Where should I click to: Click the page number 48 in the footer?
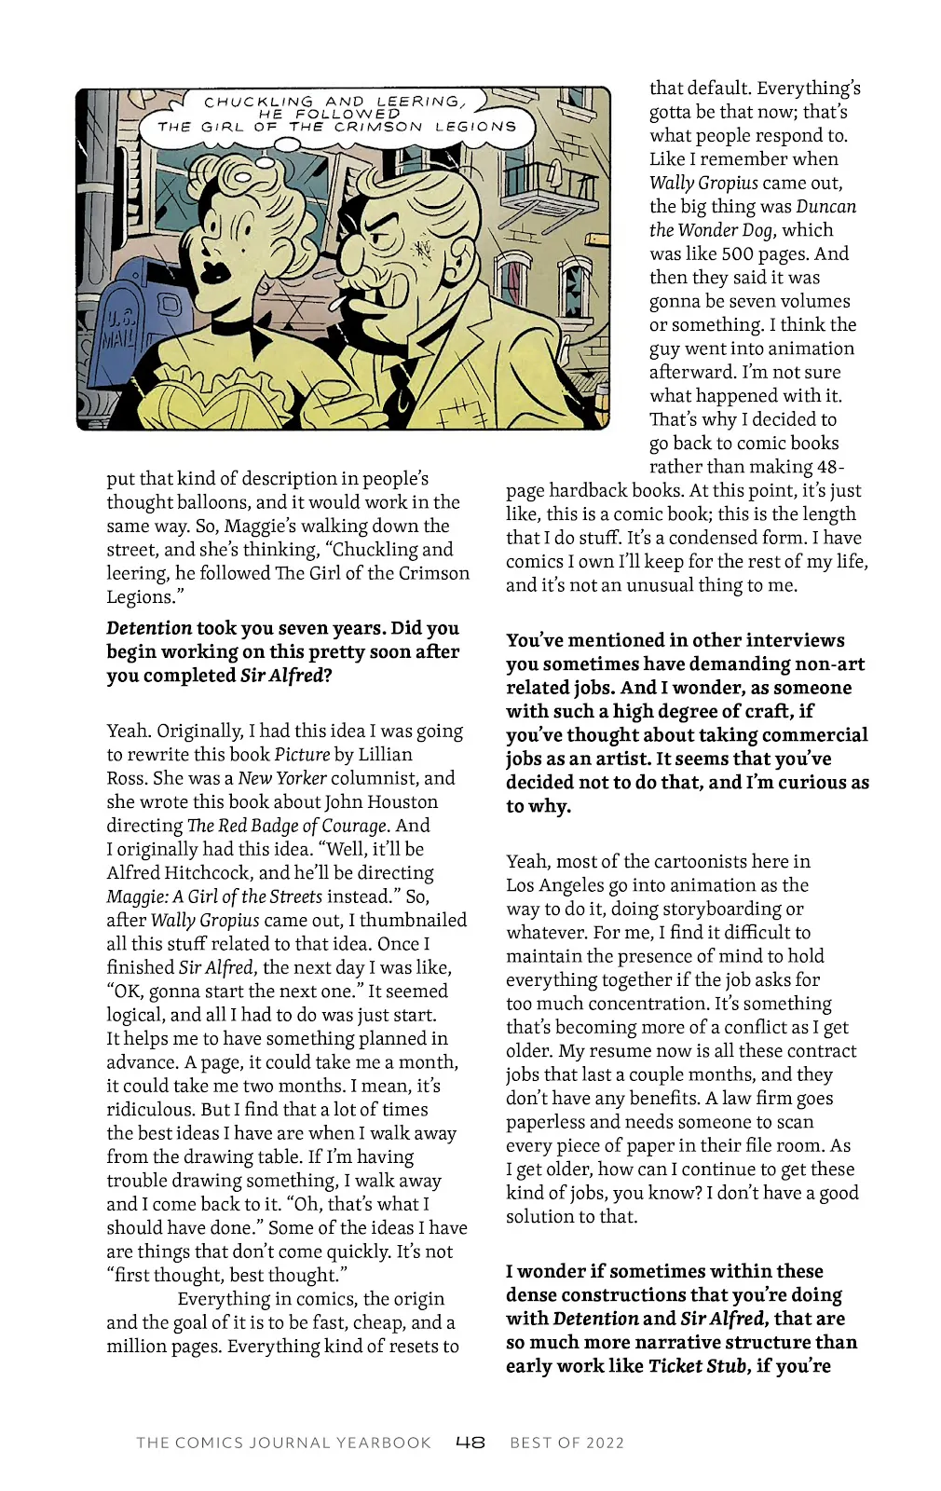pyautogui.click(x=470, y=1443)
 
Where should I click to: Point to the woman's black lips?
pyautogui.click(x=216, y=270)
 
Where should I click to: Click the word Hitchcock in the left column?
pyautogui.click(x=209, y=873)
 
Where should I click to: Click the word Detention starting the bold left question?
pyautogui.click(x=149, y=628)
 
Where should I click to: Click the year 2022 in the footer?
pyautogui.click(x=605, y=1443)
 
